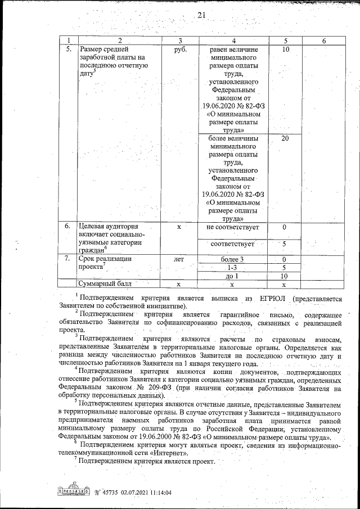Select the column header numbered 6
pyautogui.click(x=323, y=40)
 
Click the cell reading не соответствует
pyautogui.click(x=233, y=227)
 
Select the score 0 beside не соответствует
pyautogui.click(x=285, y=227)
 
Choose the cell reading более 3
pyautogui.click(x=233, y=259)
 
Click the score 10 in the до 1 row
pyautogui.click(x=285, y=276)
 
